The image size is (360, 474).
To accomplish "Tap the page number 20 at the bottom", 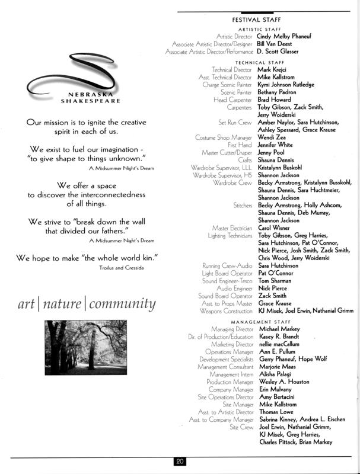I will click(x=180, y=461).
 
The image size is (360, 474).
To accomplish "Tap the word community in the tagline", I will click(x=122, y=305).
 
